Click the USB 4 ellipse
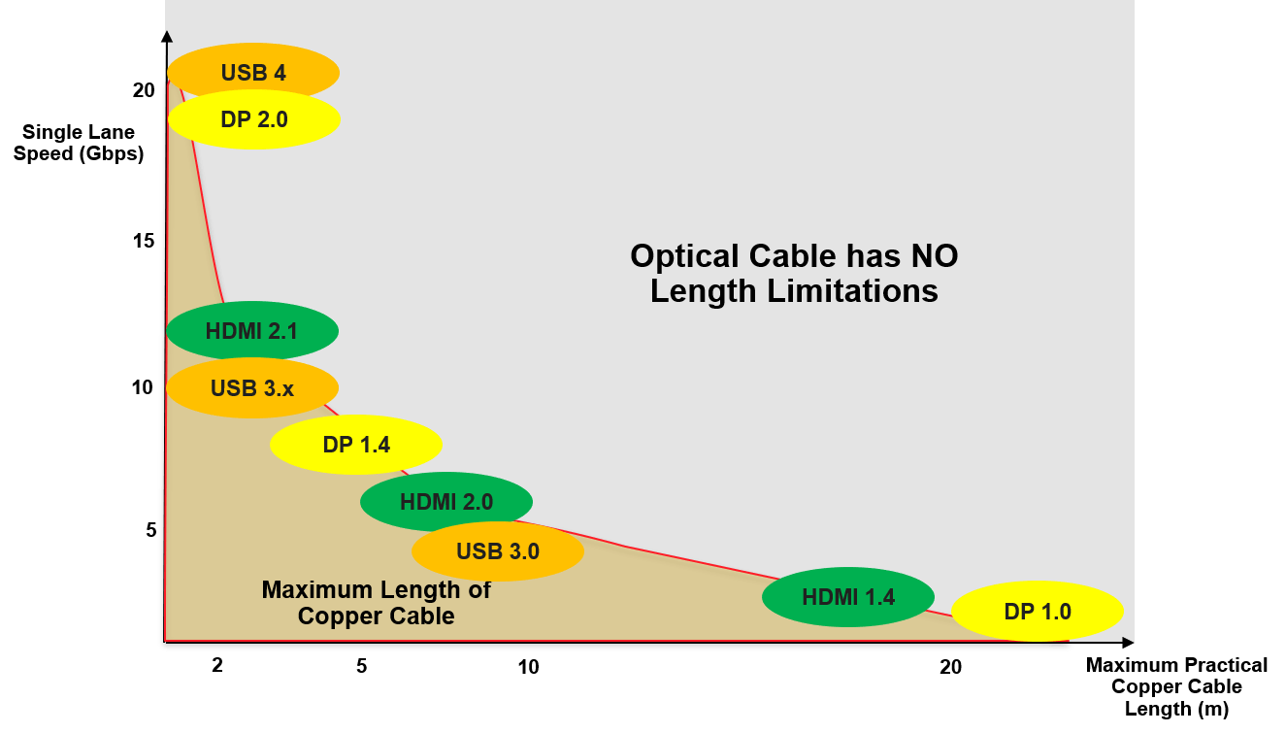[x=253, y=73]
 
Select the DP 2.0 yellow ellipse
[x=254, y=118]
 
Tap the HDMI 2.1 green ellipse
[x=252, y=330]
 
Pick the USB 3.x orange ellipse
[x=252, y=388]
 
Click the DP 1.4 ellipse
[x=356, y=445]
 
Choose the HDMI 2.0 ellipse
[x=446, y=502]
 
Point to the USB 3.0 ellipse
[x=498, y=551]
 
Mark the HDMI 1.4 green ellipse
[x=848, y=597]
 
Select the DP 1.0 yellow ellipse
[x=1038, y=612]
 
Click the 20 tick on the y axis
[x=144, y=90]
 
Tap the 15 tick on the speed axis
[x=144, y=240]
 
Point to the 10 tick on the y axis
[x=144, y=387]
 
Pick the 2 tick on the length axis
[x=217, y=666]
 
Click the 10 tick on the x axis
[x=528, y=667]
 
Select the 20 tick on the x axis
[x=951, y=667]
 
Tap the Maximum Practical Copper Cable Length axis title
[x=1176, y=686]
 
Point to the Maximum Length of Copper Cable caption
[x=377, y=602]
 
